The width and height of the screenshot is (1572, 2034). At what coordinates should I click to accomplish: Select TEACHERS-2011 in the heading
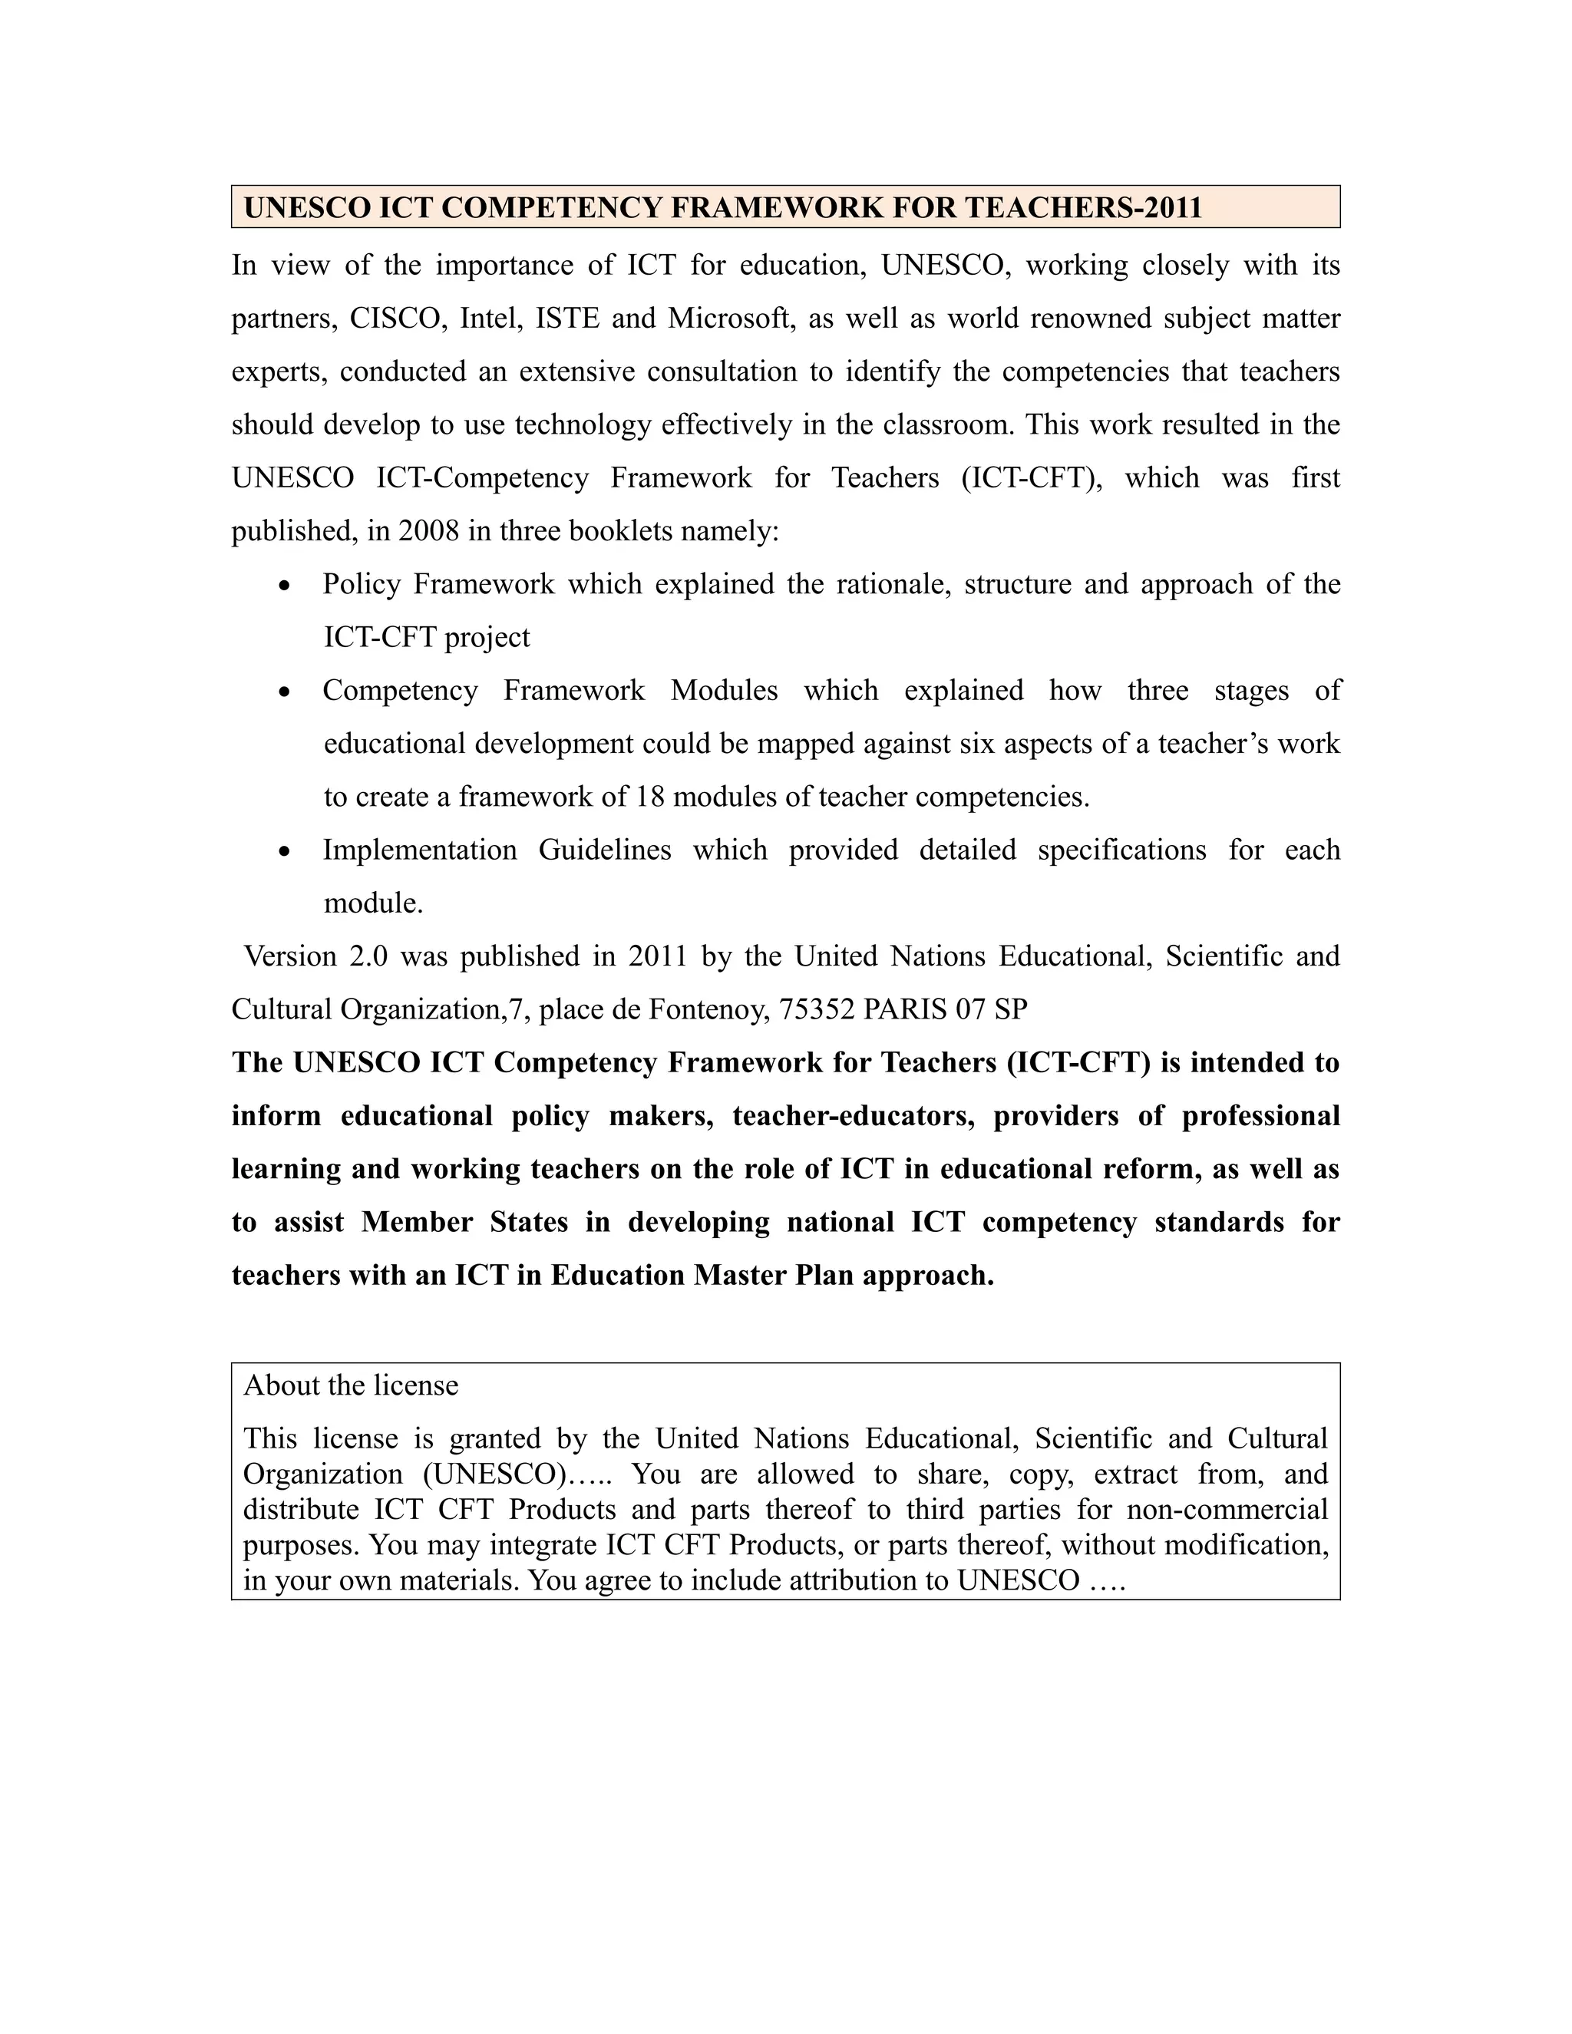[1083, 206]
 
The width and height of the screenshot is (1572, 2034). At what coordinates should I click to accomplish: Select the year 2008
[428, 531]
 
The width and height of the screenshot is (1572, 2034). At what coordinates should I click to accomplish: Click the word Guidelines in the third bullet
[604, 850]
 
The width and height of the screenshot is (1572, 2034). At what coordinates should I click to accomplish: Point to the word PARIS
[899, 1009]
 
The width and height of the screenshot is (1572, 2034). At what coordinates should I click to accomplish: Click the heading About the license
[350, 1385]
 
